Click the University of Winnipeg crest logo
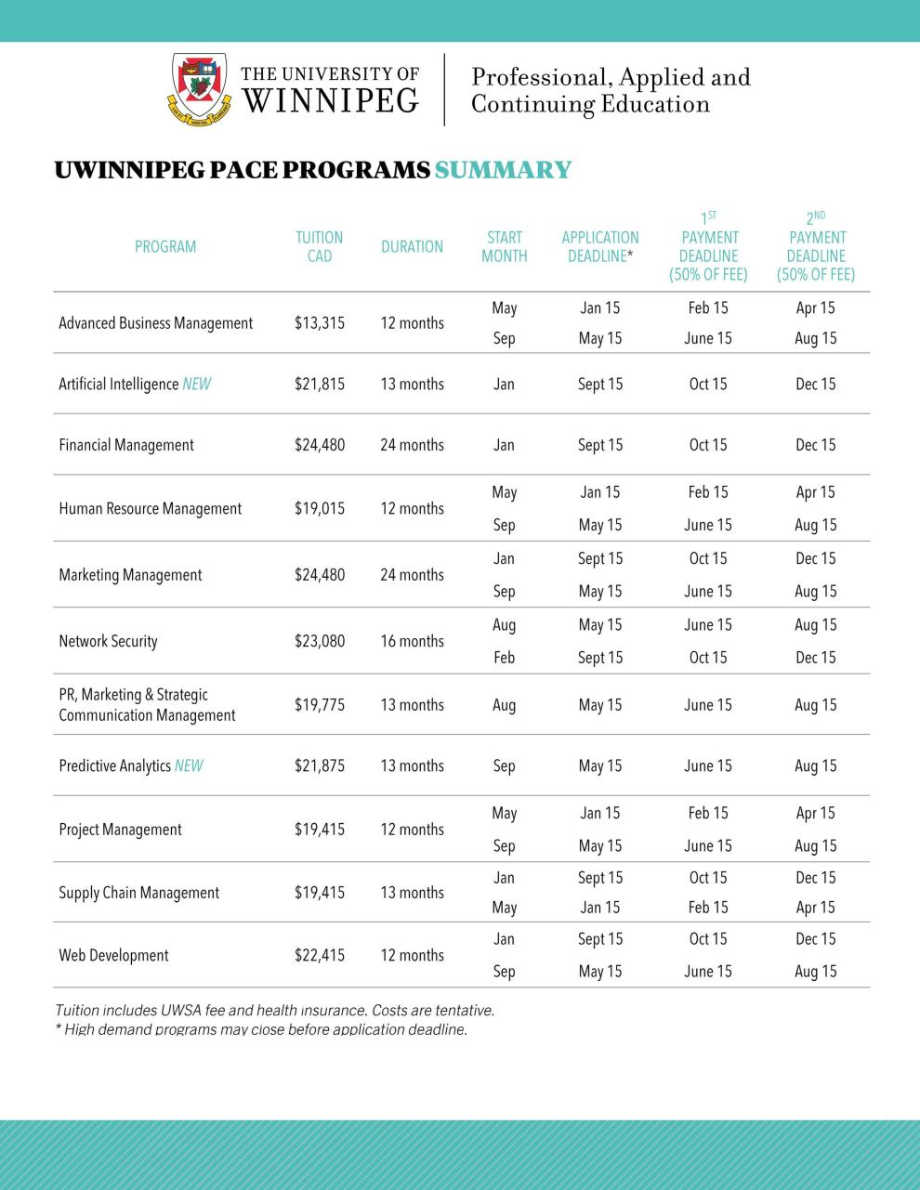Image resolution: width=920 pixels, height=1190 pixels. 200,89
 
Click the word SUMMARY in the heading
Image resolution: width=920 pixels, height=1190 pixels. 503,170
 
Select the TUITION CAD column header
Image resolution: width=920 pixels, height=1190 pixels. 319,246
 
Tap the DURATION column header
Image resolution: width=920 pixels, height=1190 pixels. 412,246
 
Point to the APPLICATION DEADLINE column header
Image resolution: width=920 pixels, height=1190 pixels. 600,246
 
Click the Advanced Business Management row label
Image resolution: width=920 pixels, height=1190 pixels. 155,323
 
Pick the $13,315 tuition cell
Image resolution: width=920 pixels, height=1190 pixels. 319,323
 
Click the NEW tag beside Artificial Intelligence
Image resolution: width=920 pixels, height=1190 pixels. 196,384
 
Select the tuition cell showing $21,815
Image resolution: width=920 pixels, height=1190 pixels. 319,384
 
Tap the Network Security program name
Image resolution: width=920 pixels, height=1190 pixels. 108,641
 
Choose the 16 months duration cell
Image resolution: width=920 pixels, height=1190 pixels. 412,641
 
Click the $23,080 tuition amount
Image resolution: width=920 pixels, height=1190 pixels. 319,641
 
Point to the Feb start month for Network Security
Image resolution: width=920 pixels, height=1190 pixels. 504,658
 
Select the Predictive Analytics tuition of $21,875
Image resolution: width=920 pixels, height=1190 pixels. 319,765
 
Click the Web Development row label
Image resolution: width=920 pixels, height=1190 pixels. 113,955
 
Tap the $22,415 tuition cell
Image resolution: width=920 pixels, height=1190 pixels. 319,955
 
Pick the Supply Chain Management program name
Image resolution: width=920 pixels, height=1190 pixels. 138,893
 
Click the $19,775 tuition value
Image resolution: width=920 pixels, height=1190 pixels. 319,705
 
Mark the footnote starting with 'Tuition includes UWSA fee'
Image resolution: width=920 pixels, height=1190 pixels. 274,1010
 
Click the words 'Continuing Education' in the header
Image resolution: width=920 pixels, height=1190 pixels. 590,104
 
